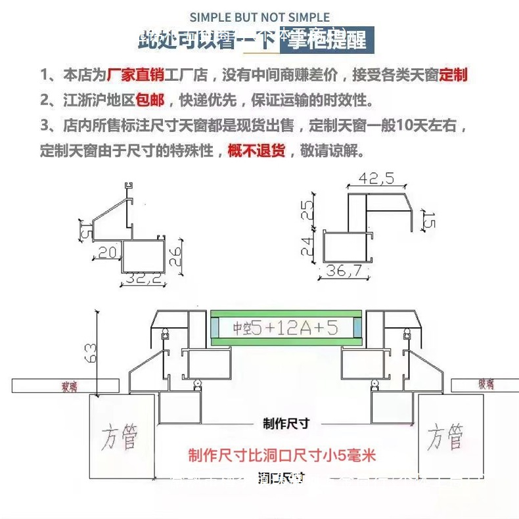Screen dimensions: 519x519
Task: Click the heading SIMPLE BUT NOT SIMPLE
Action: tap(259, 17)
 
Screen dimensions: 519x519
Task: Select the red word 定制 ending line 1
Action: tap(453, 75)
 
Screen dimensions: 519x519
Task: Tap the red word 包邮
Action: tap(150, 101)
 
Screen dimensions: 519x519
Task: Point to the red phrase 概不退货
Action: tap(256, 151)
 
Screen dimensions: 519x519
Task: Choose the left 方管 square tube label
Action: tap(121, 437)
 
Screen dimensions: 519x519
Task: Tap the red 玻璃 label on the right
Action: tap(485, 384)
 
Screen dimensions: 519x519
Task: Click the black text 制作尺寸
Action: tap(286, 424)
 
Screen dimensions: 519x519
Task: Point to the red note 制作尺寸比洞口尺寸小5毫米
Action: tap(282, 455)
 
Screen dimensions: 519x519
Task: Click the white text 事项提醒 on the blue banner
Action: tap(327, 39)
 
